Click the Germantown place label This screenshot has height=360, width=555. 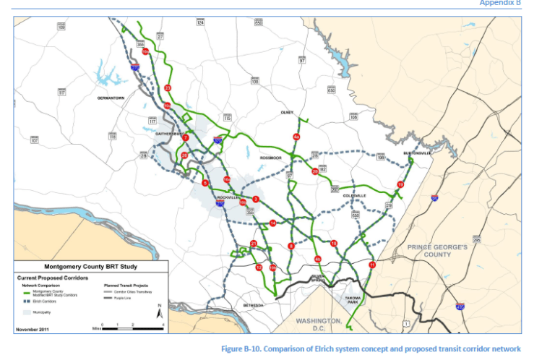112,97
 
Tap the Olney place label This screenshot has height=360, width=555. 288,112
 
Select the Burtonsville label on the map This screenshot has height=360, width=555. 418,153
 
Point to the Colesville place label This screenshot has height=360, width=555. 355,195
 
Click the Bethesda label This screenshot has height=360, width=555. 254,306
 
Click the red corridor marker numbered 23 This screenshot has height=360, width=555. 168,88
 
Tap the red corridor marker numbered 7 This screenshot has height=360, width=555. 186,137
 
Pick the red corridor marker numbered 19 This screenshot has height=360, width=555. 400,185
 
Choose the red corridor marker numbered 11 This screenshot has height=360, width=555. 372,265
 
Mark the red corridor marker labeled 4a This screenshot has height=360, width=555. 296,137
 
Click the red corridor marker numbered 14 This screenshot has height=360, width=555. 272,223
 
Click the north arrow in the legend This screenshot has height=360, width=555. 160,312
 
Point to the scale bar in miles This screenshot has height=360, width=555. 133,327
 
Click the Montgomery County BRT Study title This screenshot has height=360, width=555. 91,265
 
